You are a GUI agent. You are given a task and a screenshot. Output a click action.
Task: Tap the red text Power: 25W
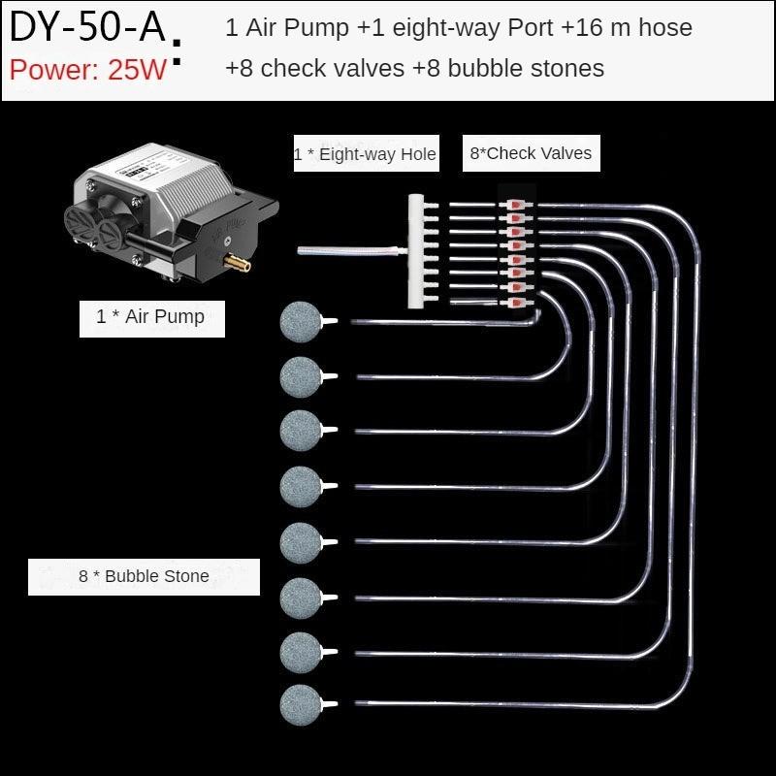click(x=89, y=70)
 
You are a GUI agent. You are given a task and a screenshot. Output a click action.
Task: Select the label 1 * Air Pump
click(x=150, y=317)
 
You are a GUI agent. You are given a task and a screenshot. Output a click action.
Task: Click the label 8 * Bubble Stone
click(x=144, y=576)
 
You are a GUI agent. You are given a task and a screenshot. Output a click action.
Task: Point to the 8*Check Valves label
click(x=531, y=153)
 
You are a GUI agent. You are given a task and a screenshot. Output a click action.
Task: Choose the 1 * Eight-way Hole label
click(x=365, y=154)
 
